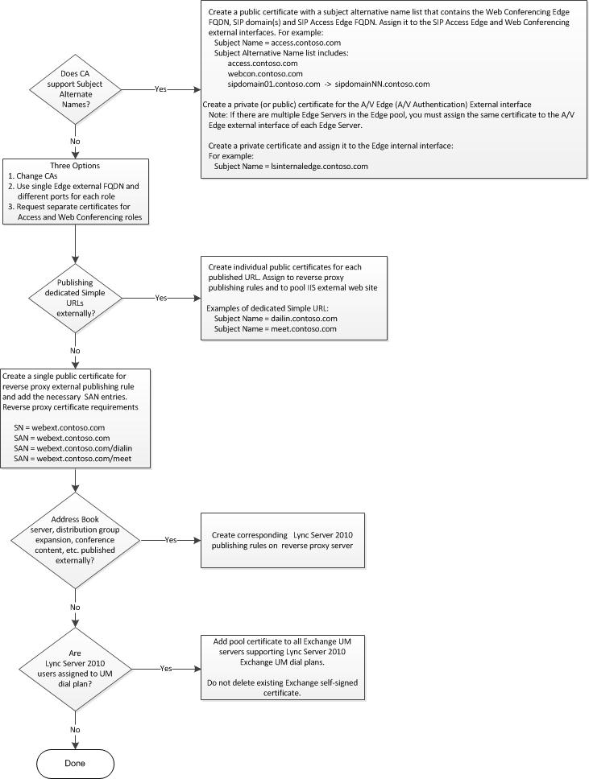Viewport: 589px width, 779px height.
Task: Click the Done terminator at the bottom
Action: pos(74,761)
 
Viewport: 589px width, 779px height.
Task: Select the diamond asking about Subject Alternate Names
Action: pos(75,89)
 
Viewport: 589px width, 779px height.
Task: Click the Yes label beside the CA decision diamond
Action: pos(161,89)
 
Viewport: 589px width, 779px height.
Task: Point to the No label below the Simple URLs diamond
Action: pos(75,350)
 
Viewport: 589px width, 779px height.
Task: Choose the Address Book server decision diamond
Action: pos(75,539)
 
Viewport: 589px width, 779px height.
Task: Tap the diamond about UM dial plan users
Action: pos(75,667)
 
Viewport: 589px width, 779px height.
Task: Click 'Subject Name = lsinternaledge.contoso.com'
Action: pos(291,166)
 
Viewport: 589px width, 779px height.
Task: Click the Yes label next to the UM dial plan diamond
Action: pos(167,668)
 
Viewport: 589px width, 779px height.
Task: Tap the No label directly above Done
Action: pos(75,729)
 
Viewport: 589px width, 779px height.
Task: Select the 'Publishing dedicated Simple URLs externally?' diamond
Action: pos(75,298)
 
